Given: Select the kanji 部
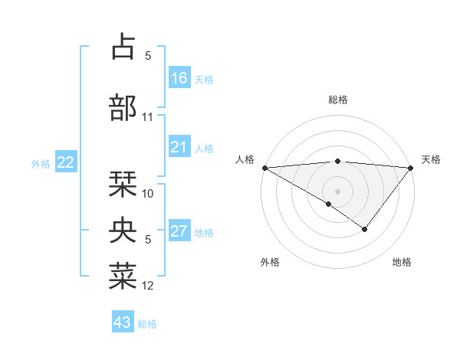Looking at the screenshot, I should [123, 108].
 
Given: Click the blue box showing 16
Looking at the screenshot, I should [179, 77].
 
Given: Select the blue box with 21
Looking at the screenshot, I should [179, 147].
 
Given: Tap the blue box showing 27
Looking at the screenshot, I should [179, 231].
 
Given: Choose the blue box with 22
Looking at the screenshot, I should [66, 162].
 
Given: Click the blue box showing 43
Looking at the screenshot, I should [123, 322].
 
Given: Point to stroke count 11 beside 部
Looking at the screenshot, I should [148, 117].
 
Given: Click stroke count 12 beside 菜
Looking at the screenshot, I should [148, 286].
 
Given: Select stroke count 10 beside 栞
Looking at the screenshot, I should [148, 194].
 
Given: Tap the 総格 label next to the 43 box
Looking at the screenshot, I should [147, 323].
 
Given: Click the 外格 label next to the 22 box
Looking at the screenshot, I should [41, 163].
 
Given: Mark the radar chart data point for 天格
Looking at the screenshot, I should [411, 167].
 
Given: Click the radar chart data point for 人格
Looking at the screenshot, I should [264, 167].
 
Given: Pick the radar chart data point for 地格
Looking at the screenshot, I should [365, 229].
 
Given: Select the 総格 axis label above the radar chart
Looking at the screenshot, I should [337, 100].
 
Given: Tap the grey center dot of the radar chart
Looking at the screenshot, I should [337, 191].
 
